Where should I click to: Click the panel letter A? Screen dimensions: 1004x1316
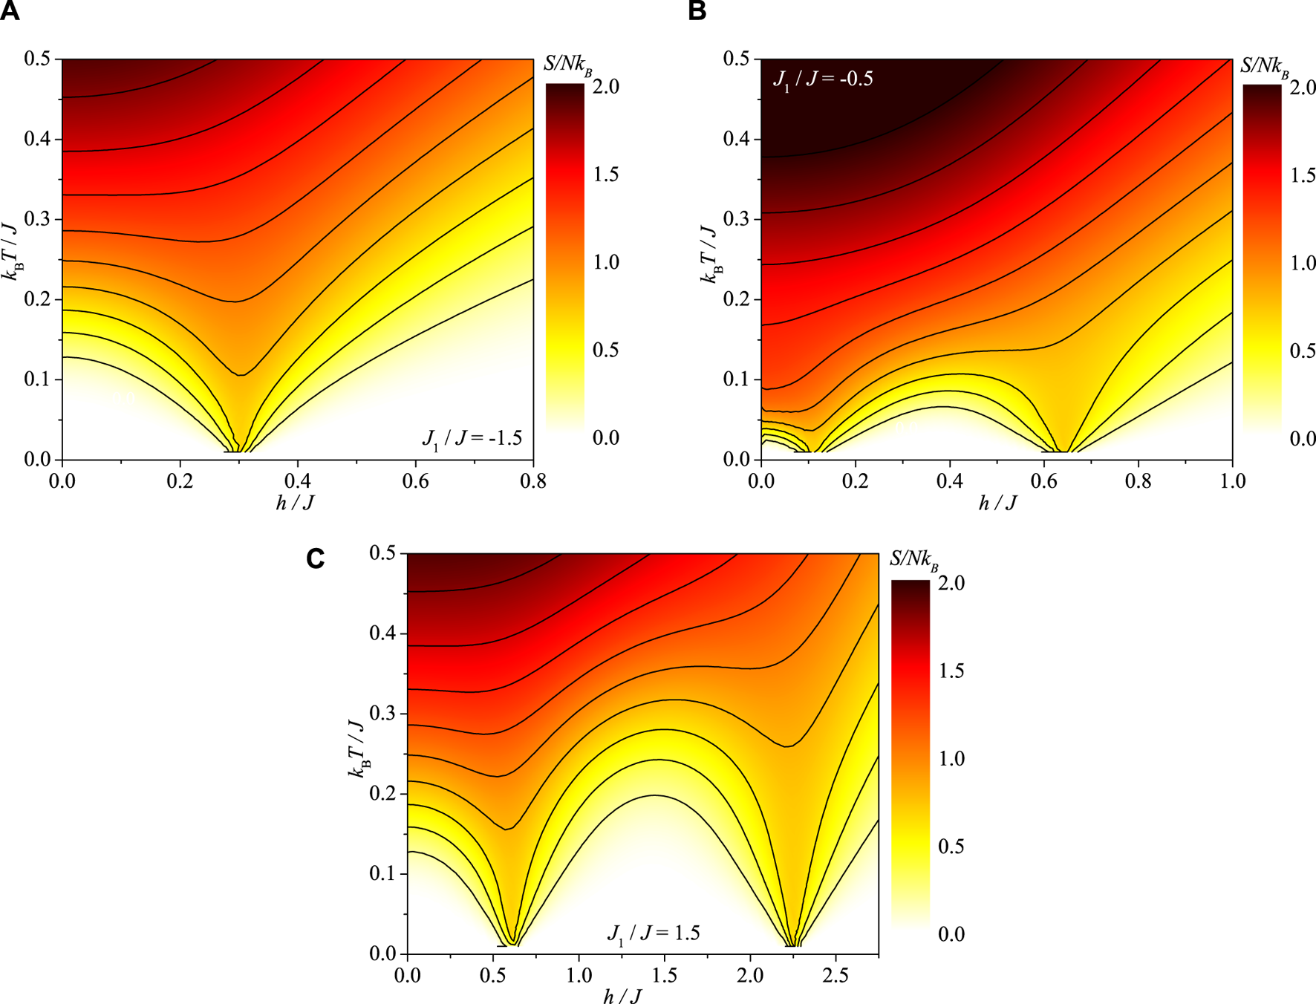tap(10, 11)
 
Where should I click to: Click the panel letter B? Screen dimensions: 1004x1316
tap(697, 11)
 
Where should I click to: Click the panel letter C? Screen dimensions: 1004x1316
tap(316, 558)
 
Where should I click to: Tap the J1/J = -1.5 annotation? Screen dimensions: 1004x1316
tap(472, 439)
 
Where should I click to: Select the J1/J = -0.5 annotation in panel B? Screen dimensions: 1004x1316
tap(823, 79)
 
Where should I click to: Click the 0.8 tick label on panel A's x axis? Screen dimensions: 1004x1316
tap(533, 481)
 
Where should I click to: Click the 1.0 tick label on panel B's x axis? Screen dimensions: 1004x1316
tap(1232, 481)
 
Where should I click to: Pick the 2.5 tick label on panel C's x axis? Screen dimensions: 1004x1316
tap(836, 975)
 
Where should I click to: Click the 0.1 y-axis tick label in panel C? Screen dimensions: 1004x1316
tap(382, 873)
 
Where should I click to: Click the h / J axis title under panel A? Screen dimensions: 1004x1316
tap(295, 503)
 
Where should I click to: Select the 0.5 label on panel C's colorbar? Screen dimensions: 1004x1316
tap(951, 847)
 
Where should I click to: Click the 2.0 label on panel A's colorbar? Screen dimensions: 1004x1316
tap(606, 87)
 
